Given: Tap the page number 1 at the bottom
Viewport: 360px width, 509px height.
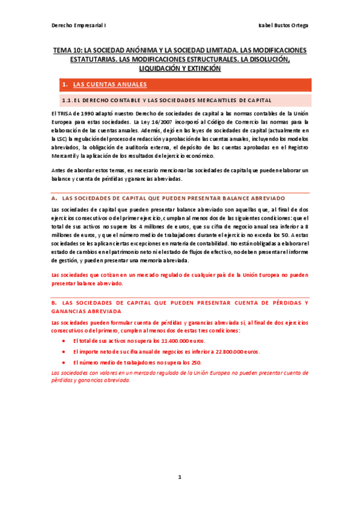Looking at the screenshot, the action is [x=179, y=477].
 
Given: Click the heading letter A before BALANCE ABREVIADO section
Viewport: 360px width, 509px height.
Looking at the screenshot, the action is [x=55, y=197].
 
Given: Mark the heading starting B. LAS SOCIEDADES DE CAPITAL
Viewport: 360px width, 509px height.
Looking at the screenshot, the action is [x=180, y=303].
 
